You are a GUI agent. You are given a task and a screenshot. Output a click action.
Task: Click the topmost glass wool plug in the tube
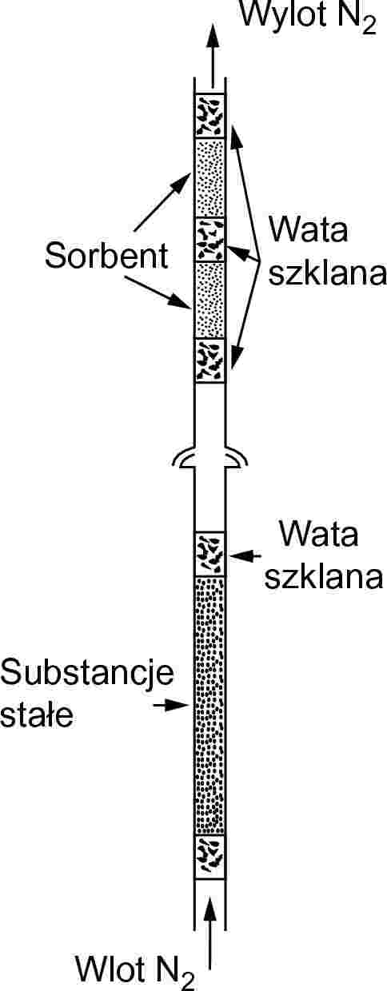(210, 115)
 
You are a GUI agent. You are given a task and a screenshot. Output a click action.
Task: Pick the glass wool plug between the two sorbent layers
(210, 239)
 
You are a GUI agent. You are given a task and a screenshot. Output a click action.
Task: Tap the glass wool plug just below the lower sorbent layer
(210, 360)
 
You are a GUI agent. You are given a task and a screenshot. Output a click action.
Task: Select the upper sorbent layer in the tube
(210, 177)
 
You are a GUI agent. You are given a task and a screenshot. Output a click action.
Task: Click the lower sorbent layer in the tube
(210, 300)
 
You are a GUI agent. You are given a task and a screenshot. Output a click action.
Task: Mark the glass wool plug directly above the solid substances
(210, 554)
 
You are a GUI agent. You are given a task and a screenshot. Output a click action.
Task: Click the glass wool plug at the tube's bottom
(210, 857)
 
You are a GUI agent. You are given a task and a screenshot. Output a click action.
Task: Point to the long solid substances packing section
(210, 706)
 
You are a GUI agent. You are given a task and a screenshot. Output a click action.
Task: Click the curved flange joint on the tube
(210, 457)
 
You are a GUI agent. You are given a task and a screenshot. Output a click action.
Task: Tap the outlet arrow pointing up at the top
(213, 55)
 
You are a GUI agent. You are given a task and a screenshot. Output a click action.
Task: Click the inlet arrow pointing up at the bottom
(210, 927)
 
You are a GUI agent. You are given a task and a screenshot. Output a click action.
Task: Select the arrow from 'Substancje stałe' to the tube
(171, 705)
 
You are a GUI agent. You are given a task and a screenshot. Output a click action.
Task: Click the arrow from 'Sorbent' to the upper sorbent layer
(162, 201)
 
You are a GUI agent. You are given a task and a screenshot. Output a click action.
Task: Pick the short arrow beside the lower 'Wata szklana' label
(245, 555)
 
